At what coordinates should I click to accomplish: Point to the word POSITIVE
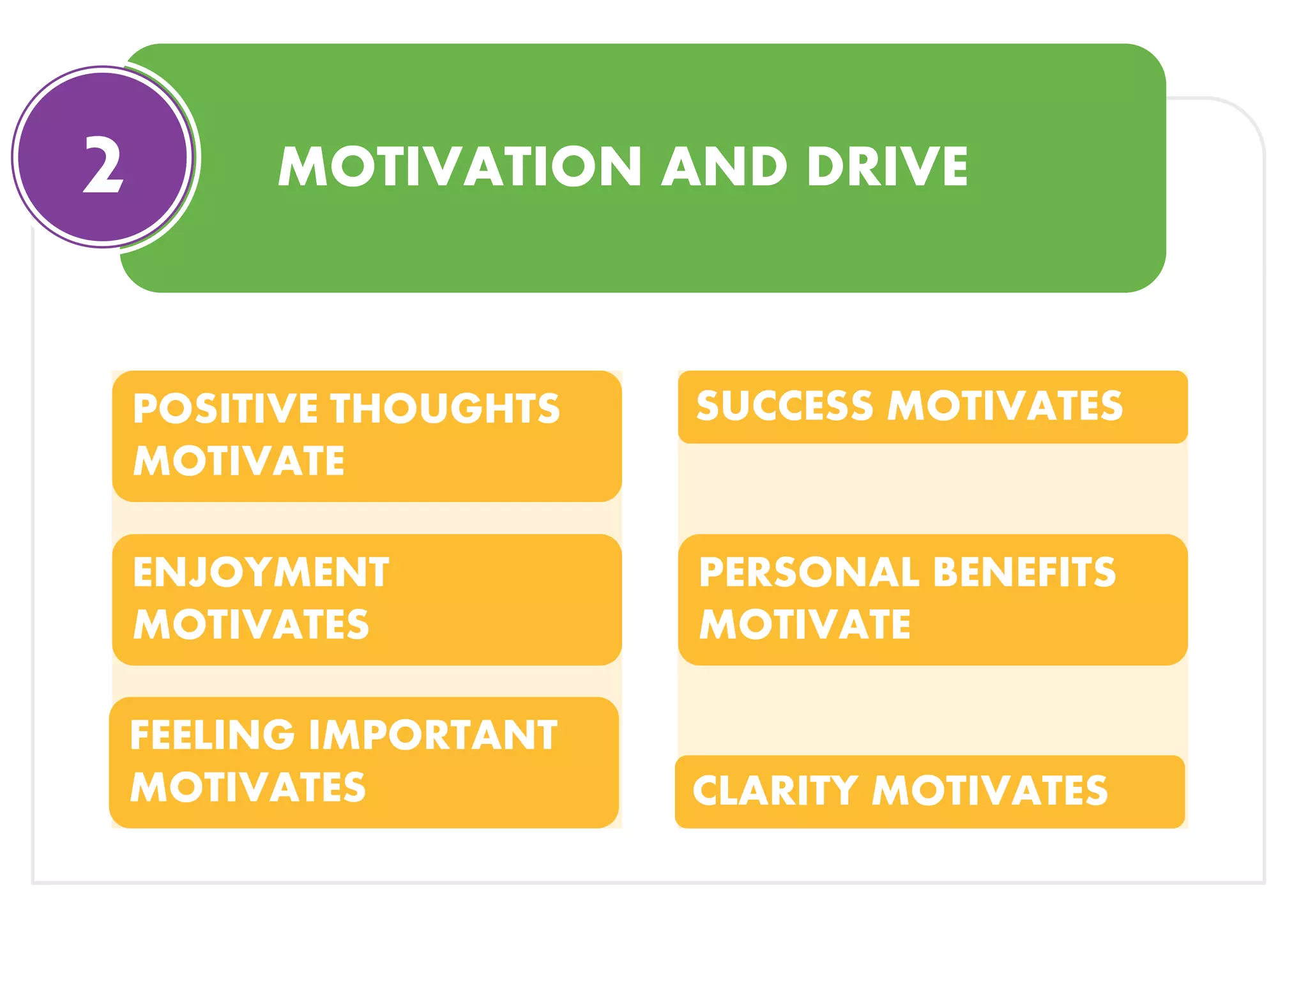[x=225, y=408]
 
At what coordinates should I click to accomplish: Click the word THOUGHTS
[x=445, y=408]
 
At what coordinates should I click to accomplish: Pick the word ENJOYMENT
[x=261, y=572]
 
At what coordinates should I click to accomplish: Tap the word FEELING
[x=212, y=734]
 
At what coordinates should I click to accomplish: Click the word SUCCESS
[x=784, y=406]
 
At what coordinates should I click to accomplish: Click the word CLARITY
[x=775, y=791]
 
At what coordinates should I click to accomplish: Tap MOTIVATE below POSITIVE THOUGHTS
[x=238, y=460]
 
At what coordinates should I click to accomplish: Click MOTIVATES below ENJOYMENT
[x=251, y=624]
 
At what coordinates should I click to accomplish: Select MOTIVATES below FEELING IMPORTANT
[x=248, y=787]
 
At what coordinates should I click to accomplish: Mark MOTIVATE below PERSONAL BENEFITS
[x=805, y=624]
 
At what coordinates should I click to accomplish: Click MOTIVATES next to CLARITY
[x=990, y=791]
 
